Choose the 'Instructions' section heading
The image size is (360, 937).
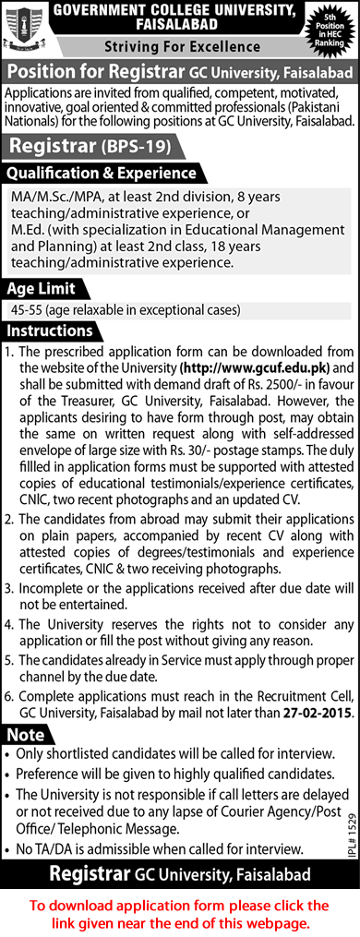pos(50,330)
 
